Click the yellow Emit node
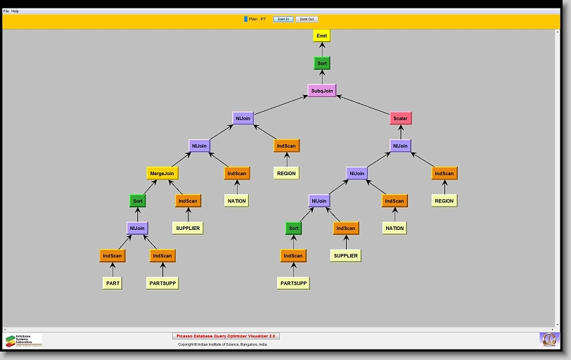(x=321, y=36)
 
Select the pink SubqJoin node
(x=322, y=91)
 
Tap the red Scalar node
(x=400, y=118)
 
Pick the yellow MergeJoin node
(x=162, y=173)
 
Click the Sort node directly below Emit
(x=322, y=63)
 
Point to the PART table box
(x=113, y=283)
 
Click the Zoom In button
(x=283, y=19)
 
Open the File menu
(x=6, y=11)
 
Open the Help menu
(x=15, y=11)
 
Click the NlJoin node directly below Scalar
(x=400, y=146)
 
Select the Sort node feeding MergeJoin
(x=138, y=200)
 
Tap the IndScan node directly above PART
(x=113, y=256)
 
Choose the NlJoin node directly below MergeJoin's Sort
(x=137, y=228)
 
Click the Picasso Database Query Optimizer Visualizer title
(x=226, y=336)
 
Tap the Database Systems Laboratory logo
(x=23, y=340)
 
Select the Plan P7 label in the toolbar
(x=255, y=19)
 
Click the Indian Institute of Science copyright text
(x=222, y=345)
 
